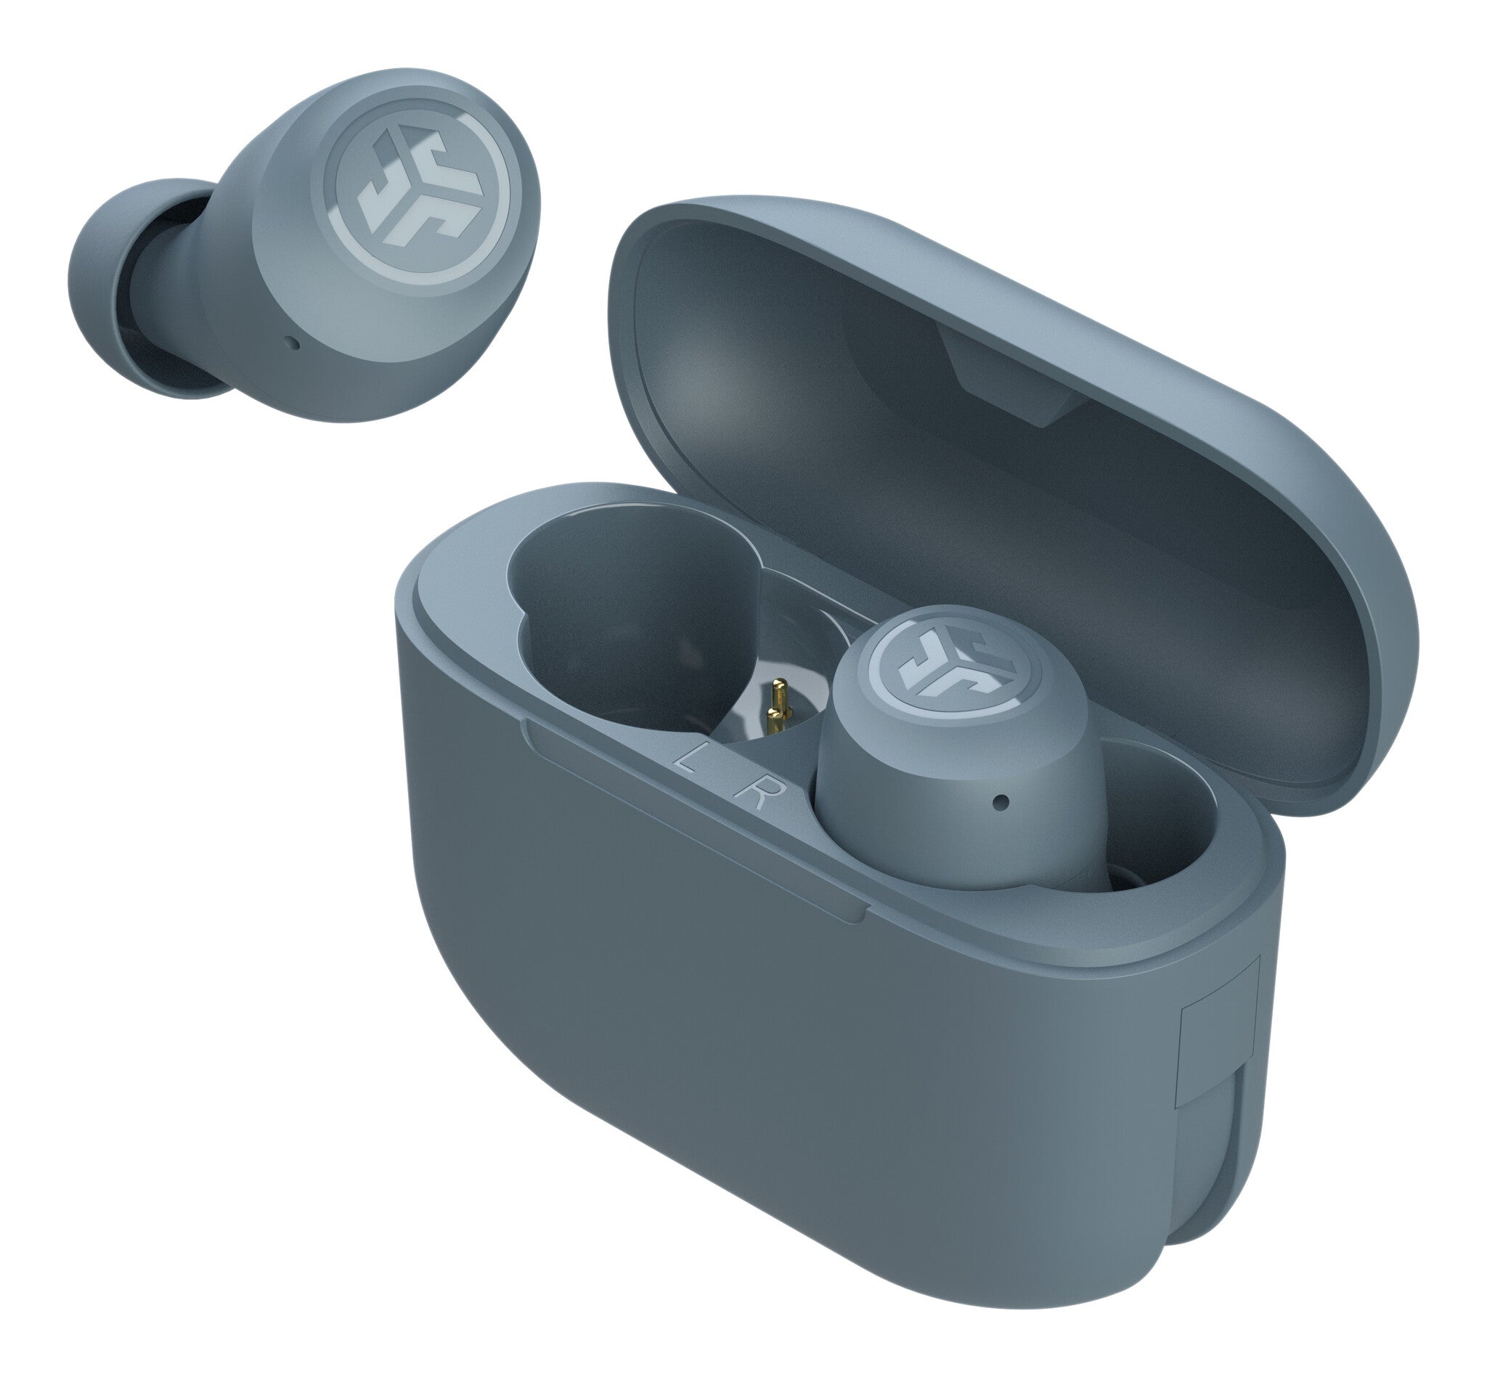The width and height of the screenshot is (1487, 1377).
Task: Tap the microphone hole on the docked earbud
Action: [x=1001, y=803]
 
